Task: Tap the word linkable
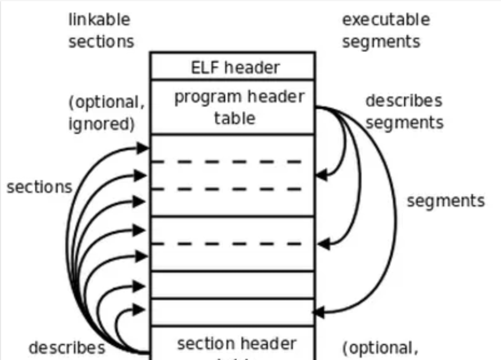coord(99,20)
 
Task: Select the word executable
coord(386,20)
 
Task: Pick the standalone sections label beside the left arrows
coord(39,187)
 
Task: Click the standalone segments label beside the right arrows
coord(445,201)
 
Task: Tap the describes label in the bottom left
coord(66,348)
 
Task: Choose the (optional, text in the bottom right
coord(380,348)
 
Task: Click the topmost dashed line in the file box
coord(228,162)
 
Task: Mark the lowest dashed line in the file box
coord(228,244)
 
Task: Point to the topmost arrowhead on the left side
coord(143,148)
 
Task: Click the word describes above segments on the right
coord(403,101)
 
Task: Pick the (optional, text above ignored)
coord(103,103)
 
